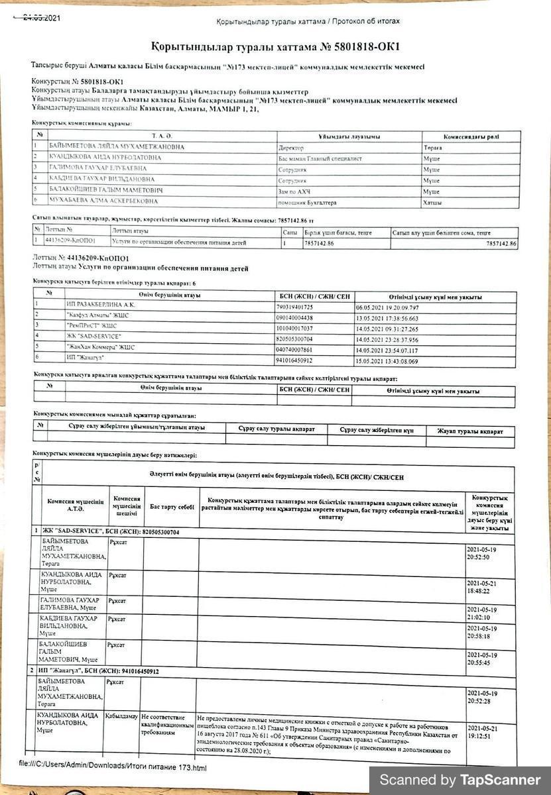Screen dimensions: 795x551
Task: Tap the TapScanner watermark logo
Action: pyautogui.click(x=460, y=780)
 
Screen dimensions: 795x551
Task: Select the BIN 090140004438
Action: pyautogui.click(x=294, y=317)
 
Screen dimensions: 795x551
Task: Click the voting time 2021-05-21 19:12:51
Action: pyautogui.click(x=482, y=731)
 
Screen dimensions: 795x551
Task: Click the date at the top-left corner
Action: pyautogui.click(x=41, y=18)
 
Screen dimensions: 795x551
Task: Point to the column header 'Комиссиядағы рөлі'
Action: pyautogui.click(x=471, y=136)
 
